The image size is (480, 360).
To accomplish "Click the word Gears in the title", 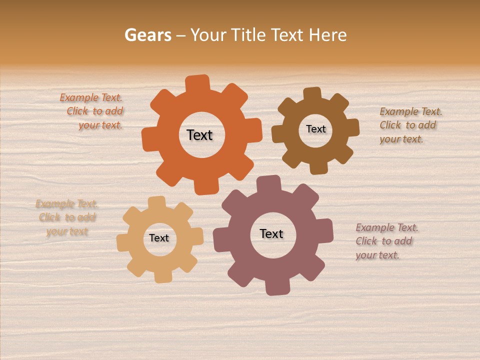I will pos(147,35).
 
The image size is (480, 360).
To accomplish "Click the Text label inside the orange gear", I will pos(199,135).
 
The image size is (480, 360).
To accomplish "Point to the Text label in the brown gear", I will pos(315,129).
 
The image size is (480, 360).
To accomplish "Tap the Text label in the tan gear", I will pos(159,238).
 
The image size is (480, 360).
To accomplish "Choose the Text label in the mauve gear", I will pos(271,233).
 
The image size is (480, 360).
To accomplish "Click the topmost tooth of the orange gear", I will pos(197,83).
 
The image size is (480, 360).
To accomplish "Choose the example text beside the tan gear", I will pos(67,217).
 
